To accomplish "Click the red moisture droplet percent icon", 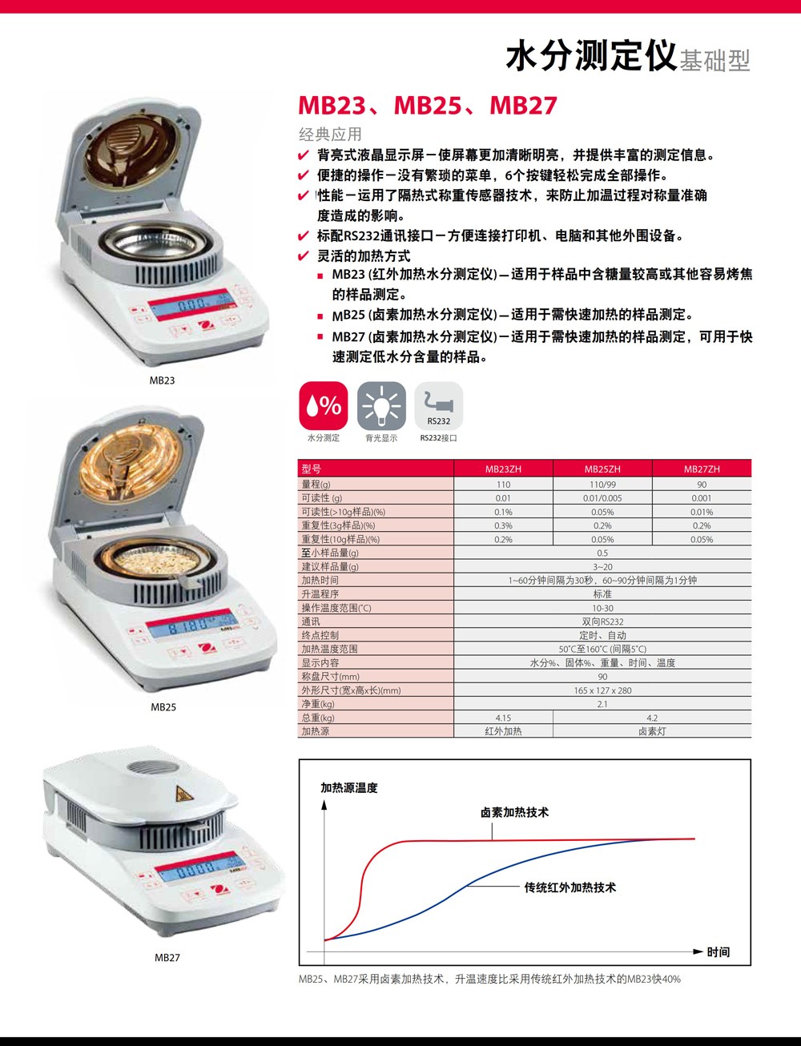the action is (323, 405).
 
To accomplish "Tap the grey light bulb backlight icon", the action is (381, 405).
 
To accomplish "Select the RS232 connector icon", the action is (438, 405).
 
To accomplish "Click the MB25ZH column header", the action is (602, 469).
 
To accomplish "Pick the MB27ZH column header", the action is (702, 469).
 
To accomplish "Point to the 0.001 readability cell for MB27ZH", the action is (702, 498).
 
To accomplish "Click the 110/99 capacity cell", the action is (602, 485).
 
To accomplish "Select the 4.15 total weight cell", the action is (503, 718).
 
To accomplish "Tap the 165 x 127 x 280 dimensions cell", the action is (602, 690).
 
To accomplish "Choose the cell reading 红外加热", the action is (503, 731).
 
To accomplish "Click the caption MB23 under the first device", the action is (162, 380).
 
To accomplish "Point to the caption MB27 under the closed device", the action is (167, 957).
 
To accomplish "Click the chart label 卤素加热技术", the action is (514, 813).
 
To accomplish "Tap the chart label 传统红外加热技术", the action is (570, 887).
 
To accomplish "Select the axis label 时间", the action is (718, 951).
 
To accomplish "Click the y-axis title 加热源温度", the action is (349, 788).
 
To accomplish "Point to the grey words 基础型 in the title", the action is (714, 61).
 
